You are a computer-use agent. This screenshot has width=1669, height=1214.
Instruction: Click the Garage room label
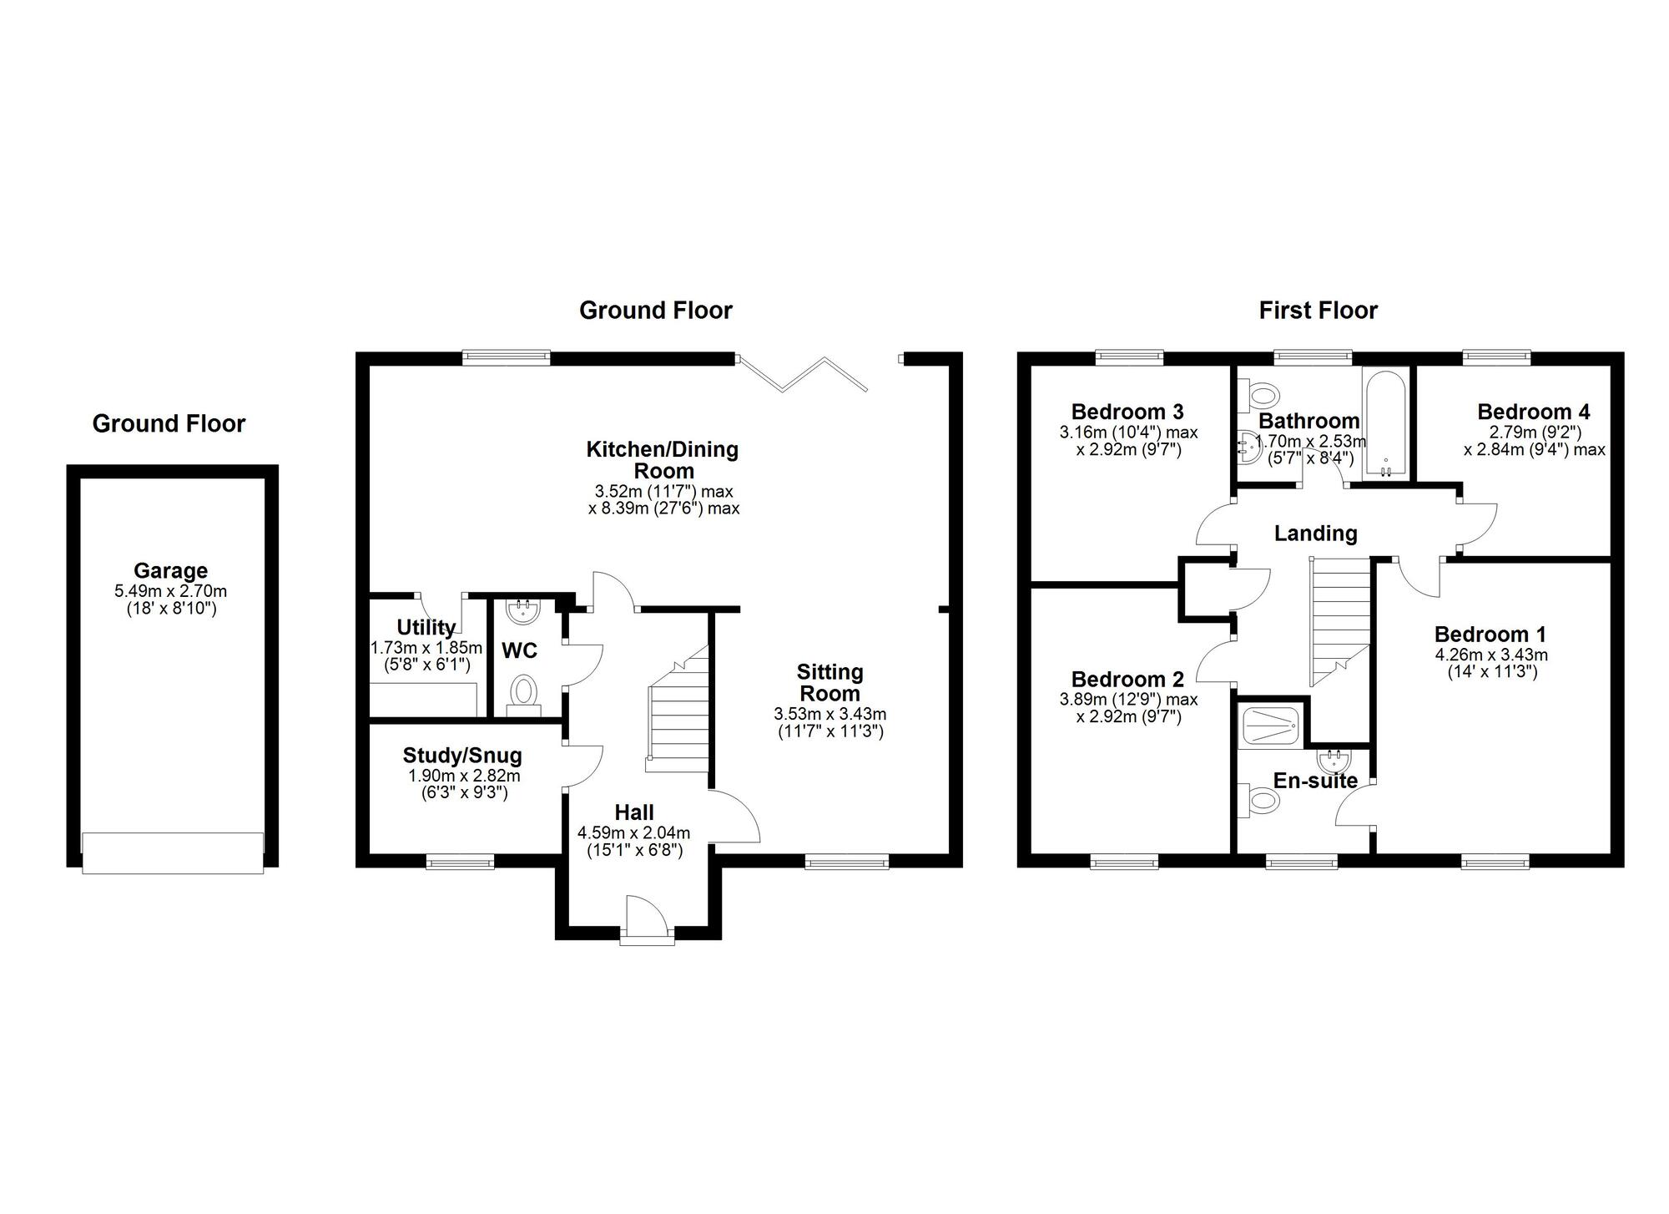point(170,571)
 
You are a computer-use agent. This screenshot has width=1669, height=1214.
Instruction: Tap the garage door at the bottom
point(173,852)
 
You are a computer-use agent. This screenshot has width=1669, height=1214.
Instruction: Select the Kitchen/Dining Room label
point(663,460)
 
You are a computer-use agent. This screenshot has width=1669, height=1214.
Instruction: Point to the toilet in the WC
point(524,692)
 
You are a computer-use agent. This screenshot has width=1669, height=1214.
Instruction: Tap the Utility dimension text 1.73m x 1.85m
point(426,648)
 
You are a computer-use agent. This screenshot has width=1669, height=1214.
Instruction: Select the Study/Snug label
point(462,756)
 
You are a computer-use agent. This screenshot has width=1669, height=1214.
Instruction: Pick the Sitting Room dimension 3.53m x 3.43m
point(829,715)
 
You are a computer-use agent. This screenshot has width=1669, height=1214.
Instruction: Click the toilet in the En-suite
point(1261,800)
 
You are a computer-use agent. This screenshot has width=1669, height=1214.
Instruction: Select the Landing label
point(1315,534)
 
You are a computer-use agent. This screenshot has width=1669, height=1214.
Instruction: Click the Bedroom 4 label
point(1533,412)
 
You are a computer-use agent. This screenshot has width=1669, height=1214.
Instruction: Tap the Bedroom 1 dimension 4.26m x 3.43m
point(1490,655)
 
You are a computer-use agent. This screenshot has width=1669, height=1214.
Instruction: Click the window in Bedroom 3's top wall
point(1129,357)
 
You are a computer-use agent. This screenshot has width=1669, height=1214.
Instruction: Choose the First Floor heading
point(1318,311)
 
